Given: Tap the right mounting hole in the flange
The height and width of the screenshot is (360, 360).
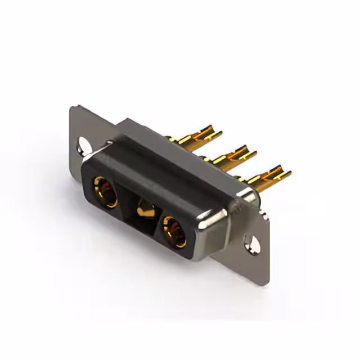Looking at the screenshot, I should point(254,243).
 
